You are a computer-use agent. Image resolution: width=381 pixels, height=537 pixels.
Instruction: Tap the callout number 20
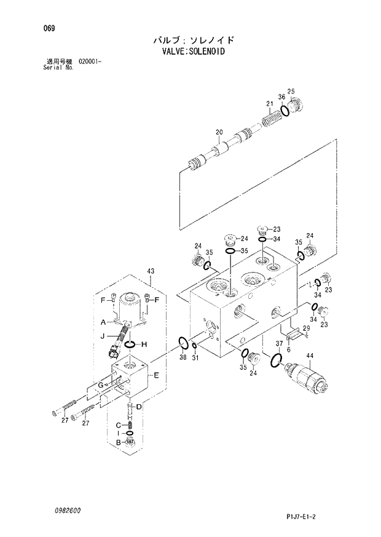coord(218,132)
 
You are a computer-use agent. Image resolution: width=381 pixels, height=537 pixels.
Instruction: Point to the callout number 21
coord(269,103)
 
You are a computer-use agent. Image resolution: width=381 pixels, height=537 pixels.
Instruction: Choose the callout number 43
coord(151,271)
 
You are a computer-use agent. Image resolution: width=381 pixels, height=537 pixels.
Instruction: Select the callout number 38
coord(183,358)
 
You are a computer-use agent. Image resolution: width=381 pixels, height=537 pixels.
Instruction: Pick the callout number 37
coord(278,343)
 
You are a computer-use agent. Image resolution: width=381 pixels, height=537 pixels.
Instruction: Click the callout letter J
coord(103,336)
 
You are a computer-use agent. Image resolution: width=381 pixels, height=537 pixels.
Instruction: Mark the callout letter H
coord(143,344)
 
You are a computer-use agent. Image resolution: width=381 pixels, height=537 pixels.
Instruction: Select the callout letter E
coord(156,375)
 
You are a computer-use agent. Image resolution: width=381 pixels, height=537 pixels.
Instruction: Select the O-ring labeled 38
coord(183,342)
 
